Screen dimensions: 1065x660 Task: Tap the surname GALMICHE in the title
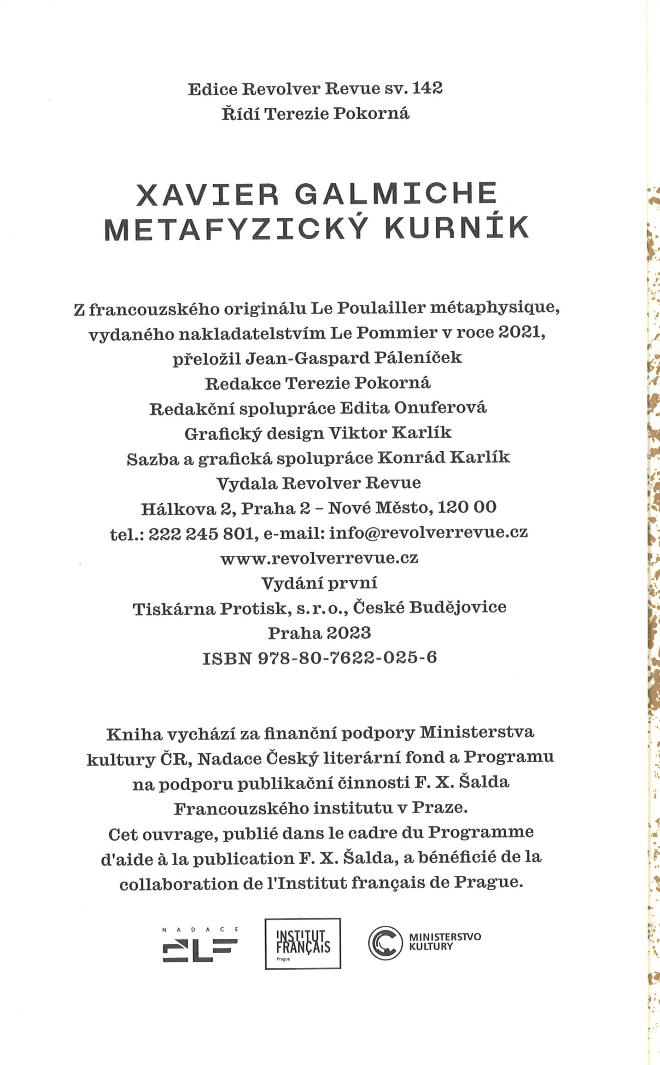coord(396,194)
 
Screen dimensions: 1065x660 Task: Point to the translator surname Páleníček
coord(418,357)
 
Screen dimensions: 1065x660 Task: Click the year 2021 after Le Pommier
coord(522,332)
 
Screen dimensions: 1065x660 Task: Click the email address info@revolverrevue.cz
coord(429,533)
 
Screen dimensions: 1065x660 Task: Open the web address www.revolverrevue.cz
coord(319,558)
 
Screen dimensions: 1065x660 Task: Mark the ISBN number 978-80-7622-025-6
coord(348,658)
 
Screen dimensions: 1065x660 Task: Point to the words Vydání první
coord(319,583)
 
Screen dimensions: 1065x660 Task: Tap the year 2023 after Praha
coord(348,633)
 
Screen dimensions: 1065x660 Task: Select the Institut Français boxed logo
coord(303,944)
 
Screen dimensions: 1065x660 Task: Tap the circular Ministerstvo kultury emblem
coord(386,943)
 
